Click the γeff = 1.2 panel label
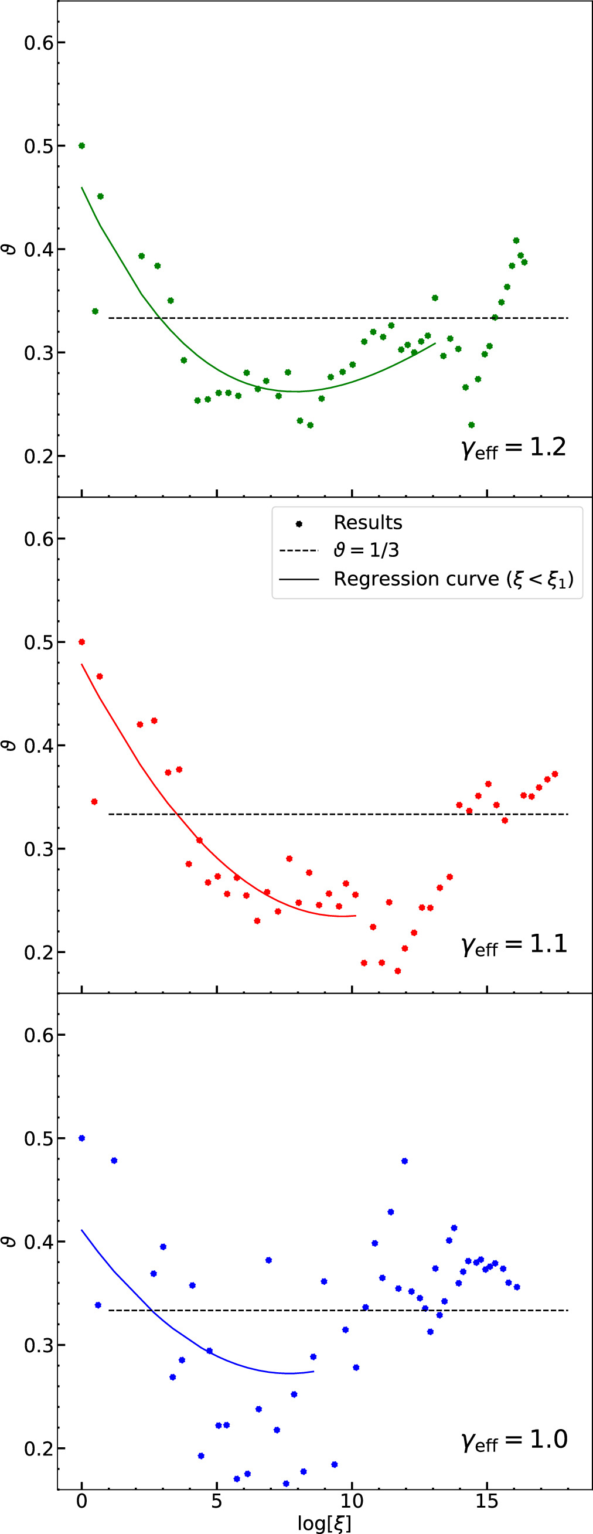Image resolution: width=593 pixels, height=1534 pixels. point(513,448)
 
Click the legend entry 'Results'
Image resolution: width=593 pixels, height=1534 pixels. point(367,523)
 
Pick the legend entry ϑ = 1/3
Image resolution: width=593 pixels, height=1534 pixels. point(366,550)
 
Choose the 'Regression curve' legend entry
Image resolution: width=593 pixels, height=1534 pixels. point(452,579)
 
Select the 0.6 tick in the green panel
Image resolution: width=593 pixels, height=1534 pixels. point(39,43)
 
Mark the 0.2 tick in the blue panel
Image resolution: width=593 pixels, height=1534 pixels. point(39,1448)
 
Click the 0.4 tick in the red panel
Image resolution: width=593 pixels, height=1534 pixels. point(39,746)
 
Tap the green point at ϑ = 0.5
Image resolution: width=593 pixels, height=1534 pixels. point(81,146)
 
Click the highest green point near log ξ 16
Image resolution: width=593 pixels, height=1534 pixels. point(516,240)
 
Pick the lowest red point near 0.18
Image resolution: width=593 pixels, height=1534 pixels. point(398,971)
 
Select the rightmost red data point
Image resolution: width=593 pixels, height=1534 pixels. point(555,774)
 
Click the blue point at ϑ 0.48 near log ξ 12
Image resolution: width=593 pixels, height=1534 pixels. point(404,1161)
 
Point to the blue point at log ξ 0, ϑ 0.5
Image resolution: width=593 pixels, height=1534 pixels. point(81,1138)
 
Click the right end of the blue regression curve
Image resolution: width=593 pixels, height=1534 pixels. point(313,1372)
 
